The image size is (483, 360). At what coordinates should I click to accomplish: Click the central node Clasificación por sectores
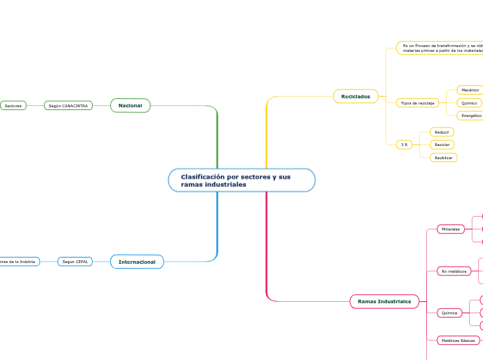pyautogui.click(x=241, y=181)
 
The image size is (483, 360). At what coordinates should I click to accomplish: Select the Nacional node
pyautogui.click(x=130, y=105)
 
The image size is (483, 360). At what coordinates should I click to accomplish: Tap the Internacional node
pyautogui.click(x=137, y=262)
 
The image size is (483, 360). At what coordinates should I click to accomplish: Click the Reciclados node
pyautogui.click(x=355, y=96)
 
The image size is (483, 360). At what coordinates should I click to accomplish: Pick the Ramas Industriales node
pyautogui.click(x=384, y=301)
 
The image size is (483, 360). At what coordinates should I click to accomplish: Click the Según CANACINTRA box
pyautogui.click(x=68, y=106)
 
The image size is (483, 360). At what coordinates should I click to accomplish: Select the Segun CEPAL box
pyautogui.click(x=75, y=262)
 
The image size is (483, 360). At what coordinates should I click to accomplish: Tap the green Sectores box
pyautogui.click(x=13, y=106)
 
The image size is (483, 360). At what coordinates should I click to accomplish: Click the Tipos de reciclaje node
pyautogui.click(x=417, y=102)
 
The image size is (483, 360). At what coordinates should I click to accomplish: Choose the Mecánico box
pyautogui.click(x=470, y=90)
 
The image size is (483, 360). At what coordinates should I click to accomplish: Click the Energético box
pyautogui.click(x=471, y=116)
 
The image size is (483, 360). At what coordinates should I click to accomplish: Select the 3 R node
pyautogui.click(x=404, y=145)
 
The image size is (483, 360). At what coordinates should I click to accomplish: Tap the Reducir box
pyautogui.click(x=442, y=132)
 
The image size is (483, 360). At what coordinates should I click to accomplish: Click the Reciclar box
pyautogui.click(x=442, y=145)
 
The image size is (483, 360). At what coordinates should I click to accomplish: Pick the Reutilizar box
pyautogui.click(x=444, y=158)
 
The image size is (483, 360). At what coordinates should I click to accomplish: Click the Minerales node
pyautogui.click(x=450, y=229)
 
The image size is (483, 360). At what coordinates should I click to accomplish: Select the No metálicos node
pyautogui.click(x=454, y=271)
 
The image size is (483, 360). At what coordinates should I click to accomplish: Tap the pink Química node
pyautogui.click(x=450, y=313)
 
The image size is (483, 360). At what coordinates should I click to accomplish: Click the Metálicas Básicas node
pyautogui.click(x=458, y=341)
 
